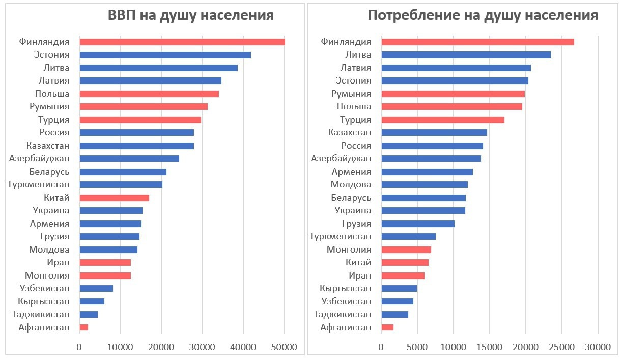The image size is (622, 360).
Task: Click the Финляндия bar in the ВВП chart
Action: (182, 42)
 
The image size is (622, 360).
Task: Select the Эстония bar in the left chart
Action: (165, 55)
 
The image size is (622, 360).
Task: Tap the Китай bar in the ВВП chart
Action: (114, 198)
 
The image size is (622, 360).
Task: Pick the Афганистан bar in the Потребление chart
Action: (387, 327)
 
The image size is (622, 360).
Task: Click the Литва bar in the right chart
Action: (466, 55)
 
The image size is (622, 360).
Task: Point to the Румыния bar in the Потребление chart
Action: (453, 94)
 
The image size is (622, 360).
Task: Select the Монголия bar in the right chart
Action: (406, 250)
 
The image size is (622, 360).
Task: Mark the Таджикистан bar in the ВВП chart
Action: (88, 315)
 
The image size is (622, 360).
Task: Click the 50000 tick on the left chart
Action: (284, 347)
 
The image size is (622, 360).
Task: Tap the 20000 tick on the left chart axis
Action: (161, 347)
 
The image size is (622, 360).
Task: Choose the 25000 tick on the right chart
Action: (561, 347)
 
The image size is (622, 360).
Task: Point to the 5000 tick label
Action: (417, 347)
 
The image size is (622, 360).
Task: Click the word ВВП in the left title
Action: (122, 15)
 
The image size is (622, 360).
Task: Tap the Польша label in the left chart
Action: (52, 94)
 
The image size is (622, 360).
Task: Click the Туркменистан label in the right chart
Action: (340, 237)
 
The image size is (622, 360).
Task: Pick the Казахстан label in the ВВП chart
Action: (47, 146)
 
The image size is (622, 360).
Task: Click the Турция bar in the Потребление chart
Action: (442, 120)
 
